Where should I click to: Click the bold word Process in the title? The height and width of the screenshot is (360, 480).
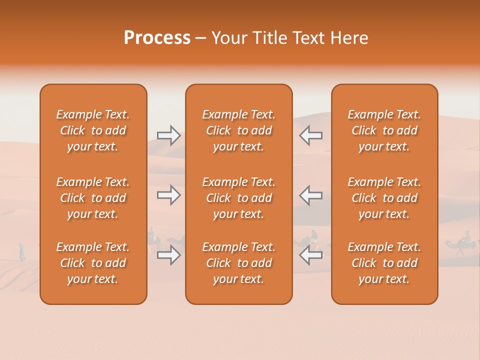(x=157, y=38)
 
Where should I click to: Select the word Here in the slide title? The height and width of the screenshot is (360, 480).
(x=350, y=38)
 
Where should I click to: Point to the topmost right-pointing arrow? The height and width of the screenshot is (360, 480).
(x=168, y=135)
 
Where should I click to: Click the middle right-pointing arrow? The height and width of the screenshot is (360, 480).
(x=168, y=195)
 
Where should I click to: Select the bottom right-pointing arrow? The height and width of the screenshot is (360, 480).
(x=168, y=255)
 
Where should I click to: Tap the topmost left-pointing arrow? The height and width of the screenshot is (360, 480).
(x=311, y=135)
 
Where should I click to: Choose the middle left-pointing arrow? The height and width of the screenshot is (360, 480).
(x=311, y=195)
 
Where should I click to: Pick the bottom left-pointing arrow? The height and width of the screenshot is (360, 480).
(x=311, y=255)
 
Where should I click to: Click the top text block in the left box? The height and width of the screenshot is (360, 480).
(x=93, y=130)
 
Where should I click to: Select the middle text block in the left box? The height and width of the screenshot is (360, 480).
(x=93, y=198)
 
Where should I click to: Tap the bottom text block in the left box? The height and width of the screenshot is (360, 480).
(x=93, y=263)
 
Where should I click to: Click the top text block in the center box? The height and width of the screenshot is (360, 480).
(x=239, y=130)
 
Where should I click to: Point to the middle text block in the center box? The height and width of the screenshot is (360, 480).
(x=239, y=198)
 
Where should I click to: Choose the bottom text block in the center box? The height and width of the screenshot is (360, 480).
(x=239, y=263)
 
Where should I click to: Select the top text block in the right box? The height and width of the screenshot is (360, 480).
(x=384, y=130)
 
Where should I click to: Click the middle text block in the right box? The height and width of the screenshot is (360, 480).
(x=384, y=198)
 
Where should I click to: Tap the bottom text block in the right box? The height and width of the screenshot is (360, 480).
(x=384, y=263)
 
